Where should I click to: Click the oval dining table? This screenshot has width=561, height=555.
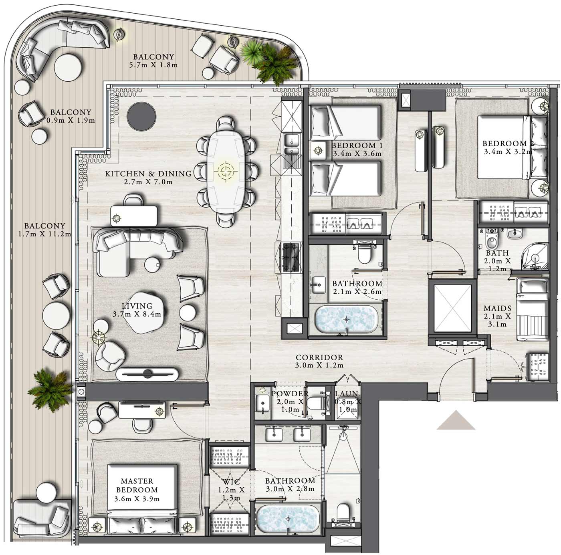(x=226, y=172)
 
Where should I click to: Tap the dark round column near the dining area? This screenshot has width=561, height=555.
(x=141, y=116)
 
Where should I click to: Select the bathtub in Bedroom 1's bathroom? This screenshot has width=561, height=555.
(x=346, y=319)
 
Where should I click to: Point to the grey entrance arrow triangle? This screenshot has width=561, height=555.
(x=456, y=420)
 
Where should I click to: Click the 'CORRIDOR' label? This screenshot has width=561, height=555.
(x=319, y=357)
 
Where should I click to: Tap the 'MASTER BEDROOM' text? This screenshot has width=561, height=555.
(x=137, y=485)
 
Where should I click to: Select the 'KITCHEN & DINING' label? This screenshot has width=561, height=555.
(x=148, y=174)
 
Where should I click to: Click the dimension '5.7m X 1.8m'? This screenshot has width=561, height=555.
(x=153, y=65)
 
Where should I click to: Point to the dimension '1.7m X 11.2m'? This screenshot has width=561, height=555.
(x=44, y=234)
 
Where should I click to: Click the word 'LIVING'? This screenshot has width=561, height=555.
(x=137, y=306)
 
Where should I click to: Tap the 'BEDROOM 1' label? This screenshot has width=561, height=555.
(x=357, y=145)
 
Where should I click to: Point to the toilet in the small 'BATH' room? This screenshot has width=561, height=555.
(x=492, y=239)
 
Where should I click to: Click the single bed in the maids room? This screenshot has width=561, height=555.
(x=532, y=309)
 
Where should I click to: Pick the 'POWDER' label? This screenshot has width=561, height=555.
(x=290, y=394)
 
